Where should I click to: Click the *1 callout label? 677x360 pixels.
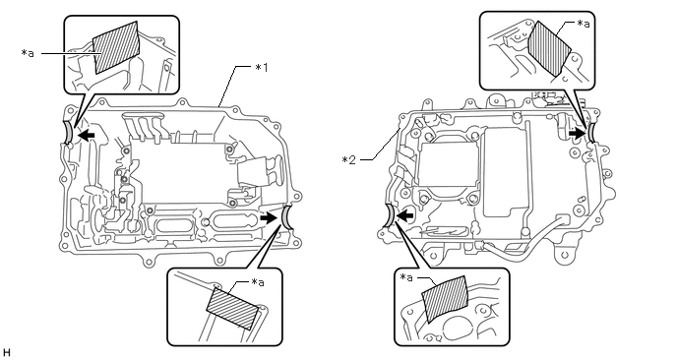pos(261,67)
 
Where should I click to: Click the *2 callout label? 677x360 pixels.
pos(349,160)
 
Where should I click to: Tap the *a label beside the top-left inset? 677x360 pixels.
pos(28,53)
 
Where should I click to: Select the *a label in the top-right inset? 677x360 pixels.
pos(584,24)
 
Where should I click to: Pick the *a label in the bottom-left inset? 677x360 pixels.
pos(258,282)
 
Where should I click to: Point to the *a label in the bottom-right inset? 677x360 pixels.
pos(406,277)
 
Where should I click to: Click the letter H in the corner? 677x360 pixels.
pos(6,353)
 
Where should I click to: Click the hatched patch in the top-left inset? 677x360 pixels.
pos(116,47)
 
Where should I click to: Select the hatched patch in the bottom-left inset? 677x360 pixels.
pos(233,309)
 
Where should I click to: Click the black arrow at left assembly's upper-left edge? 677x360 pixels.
pos(88,136)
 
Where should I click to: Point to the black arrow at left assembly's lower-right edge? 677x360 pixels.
pos(269,218)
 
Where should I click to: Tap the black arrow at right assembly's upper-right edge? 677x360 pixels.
pos(577,134)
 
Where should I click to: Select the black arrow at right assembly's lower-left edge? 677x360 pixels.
pos(405,214)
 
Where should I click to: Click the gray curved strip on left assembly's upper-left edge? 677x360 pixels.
pos(68,133)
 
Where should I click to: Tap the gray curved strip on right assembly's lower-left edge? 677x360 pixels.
pos(389,215)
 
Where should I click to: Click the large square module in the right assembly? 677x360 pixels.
pos(448,169)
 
